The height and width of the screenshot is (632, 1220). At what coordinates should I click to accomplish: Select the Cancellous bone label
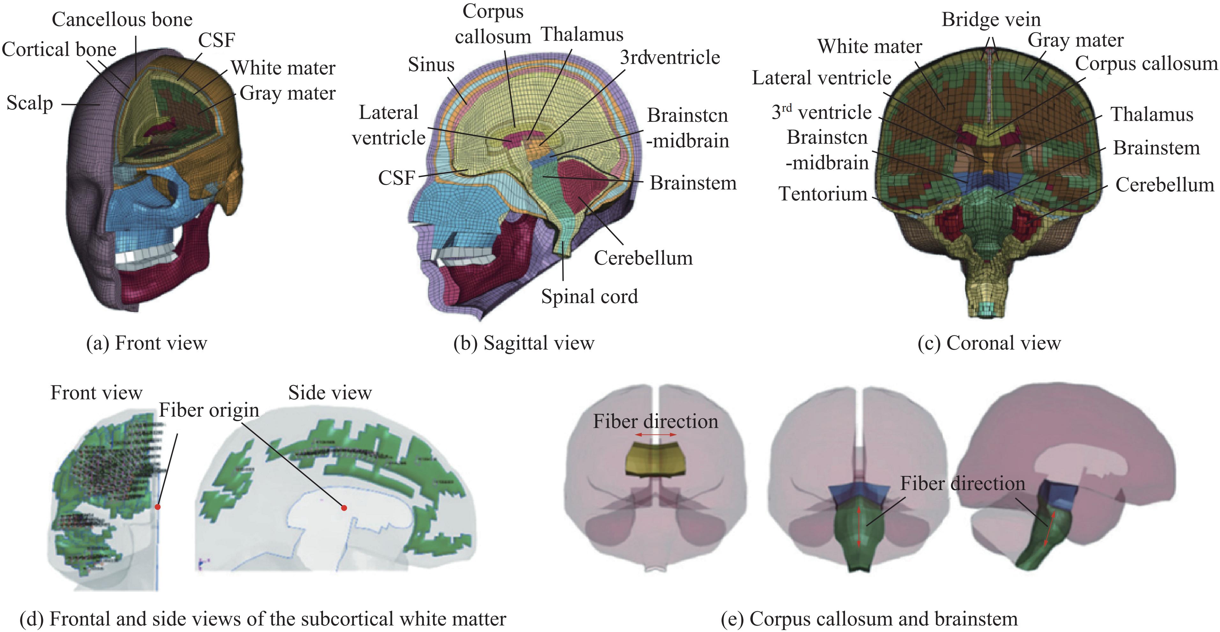pyautogui.click(x=122, y=20)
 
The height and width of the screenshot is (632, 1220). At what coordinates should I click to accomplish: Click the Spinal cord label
pyautogui.click(x=589, y=297)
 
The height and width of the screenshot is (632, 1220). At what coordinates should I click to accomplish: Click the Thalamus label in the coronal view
pyautogui.click(x=1151, y=115)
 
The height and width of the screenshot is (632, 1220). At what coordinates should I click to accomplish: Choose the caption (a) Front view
pyautogui.click(x=146, y=343)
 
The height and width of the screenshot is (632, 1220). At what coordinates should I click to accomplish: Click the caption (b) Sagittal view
pyautogui.click(x=523, y=343)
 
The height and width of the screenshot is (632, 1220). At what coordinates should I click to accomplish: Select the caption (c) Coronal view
pyautogui.click(x=989, y=343)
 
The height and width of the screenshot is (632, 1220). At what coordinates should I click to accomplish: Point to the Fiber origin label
pyautogui.click(x=209, y=410)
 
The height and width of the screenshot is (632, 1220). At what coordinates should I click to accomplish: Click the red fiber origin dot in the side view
pyautogui.click(x=344, y=508)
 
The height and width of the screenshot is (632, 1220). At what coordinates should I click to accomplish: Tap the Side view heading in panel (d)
pyautogui.click(x=330, y=393)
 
